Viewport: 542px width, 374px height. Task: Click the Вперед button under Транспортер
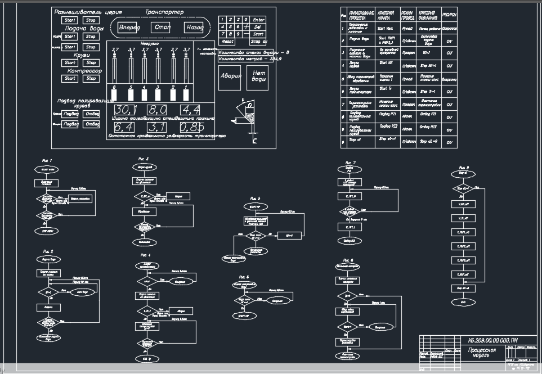(130, 28)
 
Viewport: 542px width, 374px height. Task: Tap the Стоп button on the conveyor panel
(162, 28)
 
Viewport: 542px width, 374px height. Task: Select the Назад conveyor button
(194, 28)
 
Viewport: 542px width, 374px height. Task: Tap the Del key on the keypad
(258, 26)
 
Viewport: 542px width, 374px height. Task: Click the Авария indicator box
(231, 75)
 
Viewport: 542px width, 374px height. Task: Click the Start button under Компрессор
(70, 78)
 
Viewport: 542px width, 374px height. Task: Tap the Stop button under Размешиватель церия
(91, 20)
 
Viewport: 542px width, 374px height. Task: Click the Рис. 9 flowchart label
(464, 168)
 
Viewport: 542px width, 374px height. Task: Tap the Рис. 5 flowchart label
(255, 199)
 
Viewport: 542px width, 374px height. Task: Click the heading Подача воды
(84, 28)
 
